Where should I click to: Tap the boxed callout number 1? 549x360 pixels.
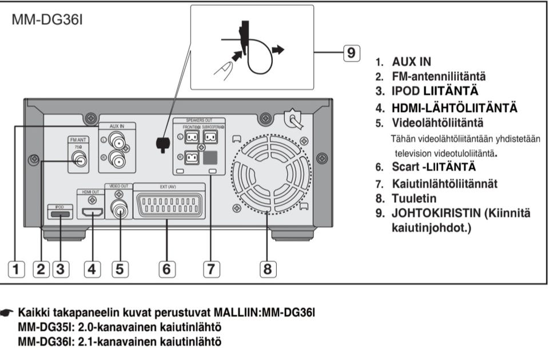[18, 268]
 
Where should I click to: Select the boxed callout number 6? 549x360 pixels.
[166, 268]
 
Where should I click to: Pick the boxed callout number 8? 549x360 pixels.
[268, 268]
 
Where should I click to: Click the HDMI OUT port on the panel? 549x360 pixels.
[91, 213]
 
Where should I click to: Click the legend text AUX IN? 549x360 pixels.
[411, 61]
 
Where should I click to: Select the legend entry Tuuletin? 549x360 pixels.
[415, 199]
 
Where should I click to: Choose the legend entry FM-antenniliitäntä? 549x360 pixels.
[439, 76]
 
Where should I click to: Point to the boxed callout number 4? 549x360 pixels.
[91, 268]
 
